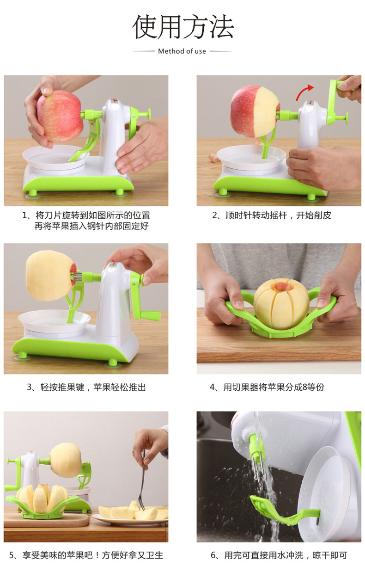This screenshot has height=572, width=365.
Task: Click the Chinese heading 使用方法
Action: point(183,27)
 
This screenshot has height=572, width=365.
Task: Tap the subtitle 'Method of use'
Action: point(182,51)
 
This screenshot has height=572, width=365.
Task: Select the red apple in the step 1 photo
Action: point(60,116)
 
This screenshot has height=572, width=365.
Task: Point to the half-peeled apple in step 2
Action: point(255,111)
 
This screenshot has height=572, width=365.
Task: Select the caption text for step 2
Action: point(272,215)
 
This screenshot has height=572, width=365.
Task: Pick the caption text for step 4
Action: point(267,387)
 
